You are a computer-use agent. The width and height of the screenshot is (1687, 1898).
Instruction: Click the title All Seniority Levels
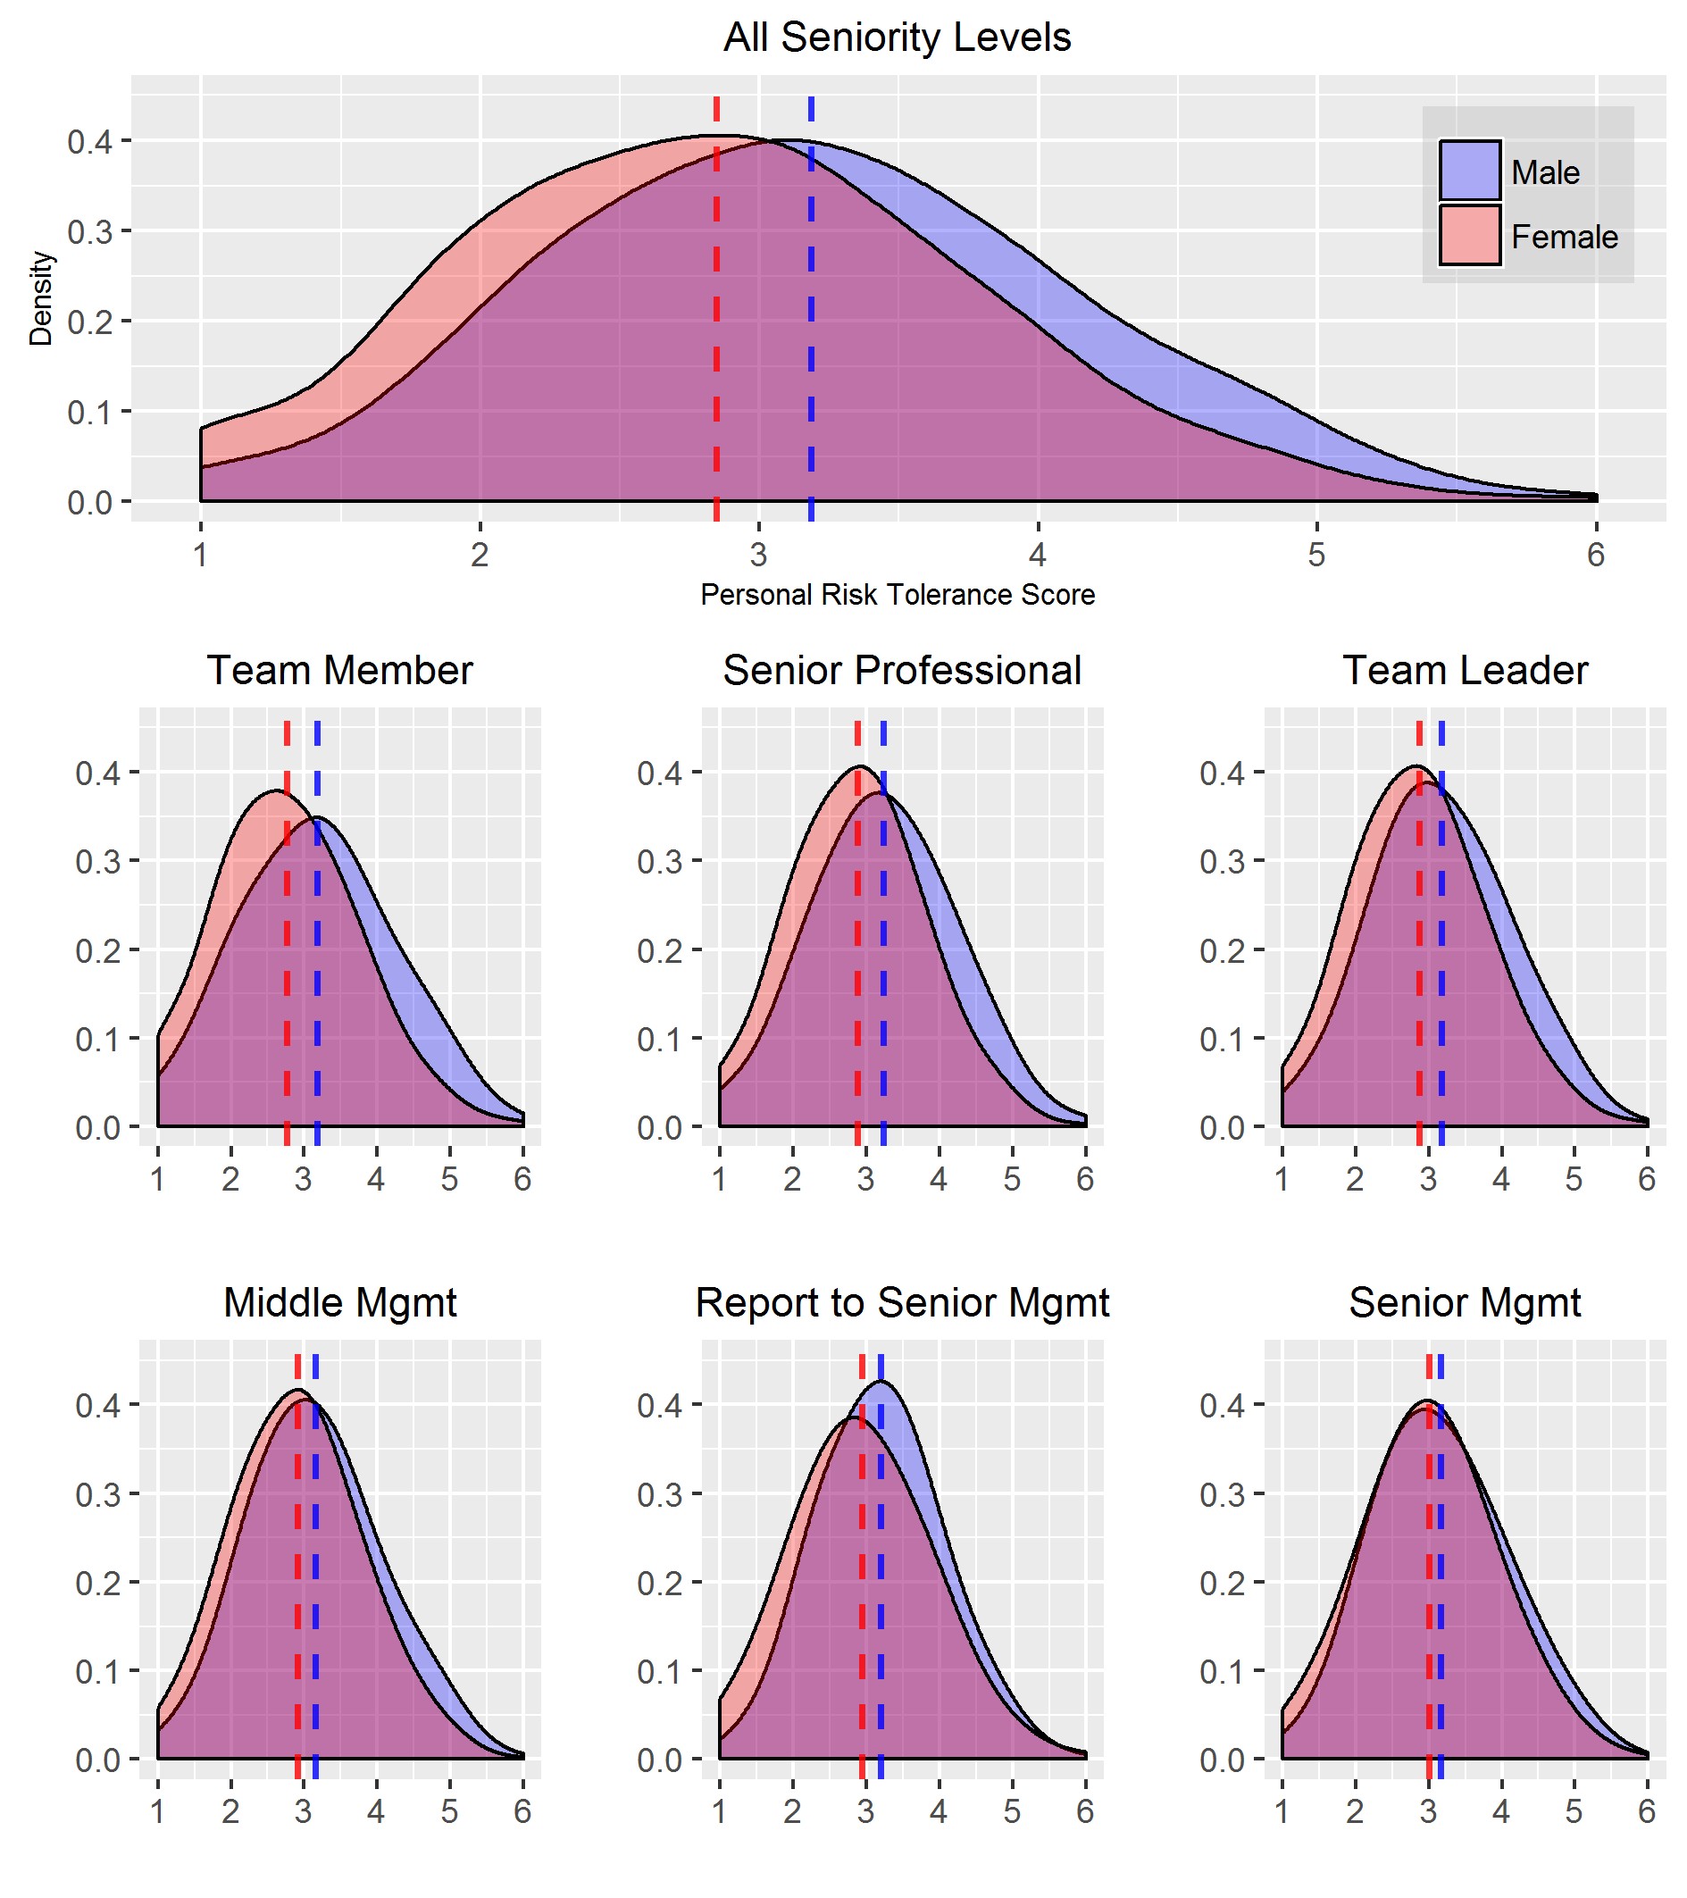click(x=896, y=38)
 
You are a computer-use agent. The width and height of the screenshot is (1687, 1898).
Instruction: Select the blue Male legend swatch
click(x=1470, y=170)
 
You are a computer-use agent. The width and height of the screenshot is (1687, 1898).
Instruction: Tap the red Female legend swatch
click(x=1470, y=235)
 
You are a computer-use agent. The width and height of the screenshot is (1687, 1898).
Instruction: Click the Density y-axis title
click(x=41, y=298)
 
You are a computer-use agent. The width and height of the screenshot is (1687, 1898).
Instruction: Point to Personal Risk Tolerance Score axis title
click(x=897, y=594)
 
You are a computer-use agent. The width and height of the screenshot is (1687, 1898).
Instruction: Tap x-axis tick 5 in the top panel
click(x=1315, y=555)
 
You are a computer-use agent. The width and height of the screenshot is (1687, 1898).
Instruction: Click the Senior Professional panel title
click(x=901, y=671)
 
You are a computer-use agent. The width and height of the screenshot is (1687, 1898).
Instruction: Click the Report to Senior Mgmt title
click(x=901, y=1302)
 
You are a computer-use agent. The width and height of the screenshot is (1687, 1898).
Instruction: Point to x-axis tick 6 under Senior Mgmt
click(x=1646, y=1810)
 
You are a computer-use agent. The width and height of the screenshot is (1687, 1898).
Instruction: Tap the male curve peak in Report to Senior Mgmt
click(x=881, y=1382)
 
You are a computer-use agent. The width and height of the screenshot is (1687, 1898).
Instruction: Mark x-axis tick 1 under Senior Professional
click(x=720, y=1179)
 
